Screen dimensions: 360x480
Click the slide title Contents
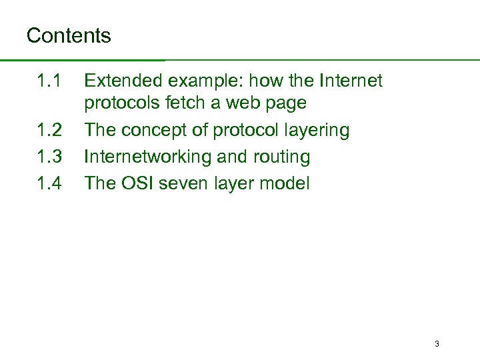[x=69, y=35]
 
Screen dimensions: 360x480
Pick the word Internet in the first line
[x=351, y=81]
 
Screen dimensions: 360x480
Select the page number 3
[x=436, y=344]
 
